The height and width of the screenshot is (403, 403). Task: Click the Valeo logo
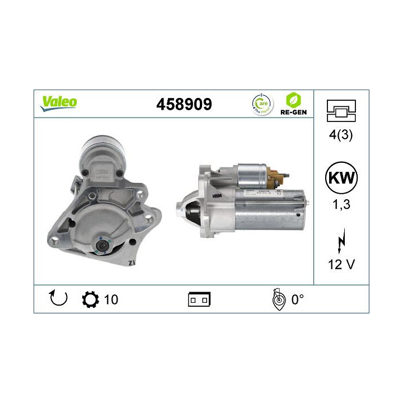(58, 102)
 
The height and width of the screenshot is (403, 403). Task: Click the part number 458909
(184, 104)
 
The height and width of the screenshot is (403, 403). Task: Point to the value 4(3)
(341, 135)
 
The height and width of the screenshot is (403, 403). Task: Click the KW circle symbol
(341, 178)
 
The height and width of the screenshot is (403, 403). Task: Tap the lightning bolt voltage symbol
(341, 243)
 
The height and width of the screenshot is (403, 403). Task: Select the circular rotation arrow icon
(58, 298)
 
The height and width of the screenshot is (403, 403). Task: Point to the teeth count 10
(111, 299)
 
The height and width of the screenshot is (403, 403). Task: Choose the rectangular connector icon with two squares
(199, 299)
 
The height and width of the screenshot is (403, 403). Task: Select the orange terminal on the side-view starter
(275, 180)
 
